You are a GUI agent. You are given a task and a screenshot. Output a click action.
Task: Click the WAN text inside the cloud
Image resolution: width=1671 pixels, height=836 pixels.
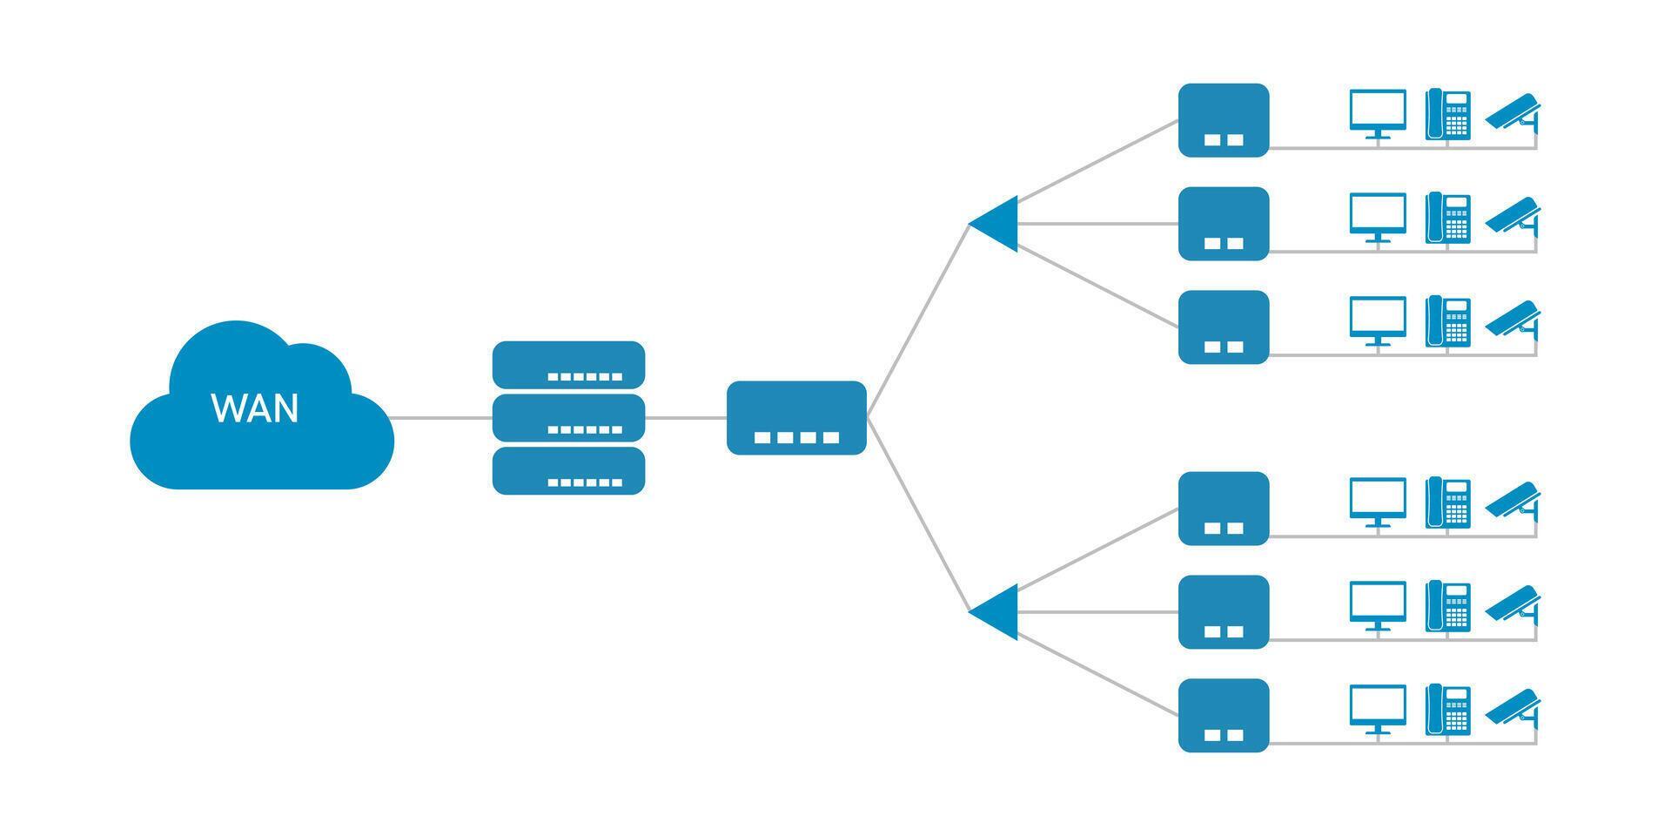click(x=255, y=408)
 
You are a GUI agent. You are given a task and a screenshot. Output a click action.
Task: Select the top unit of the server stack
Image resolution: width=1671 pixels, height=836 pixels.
click(x=568, y=364)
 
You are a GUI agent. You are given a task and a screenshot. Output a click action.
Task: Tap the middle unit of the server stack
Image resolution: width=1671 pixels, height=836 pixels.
click(x=568, y=417)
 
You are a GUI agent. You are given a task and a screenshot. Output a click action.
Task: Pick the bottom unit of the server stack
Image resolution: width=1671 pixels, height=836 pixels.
click(x=568, y=470)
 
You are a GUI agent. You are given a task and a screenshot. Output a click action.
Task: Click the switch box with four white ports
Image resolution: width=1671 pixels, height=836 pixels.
click(x=796, y=417)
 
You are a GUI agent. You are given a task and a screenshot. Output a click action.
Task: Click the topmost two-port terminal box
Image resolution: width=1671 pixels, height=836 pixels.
click(x=1223, y=120)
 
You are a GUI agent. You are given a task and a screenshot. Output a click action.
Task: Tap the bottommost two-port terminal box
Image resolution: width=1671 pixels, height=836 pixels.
click(x=1223, y=715)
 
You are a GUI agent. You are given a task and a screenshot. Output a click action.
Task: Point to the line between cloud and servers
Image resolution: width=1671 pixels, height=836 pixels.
click(x=442, y=418)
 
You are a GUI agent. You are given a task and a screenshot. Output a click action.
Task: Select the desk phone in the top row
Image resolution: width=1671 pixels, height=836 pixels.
click(x=1448, y=114)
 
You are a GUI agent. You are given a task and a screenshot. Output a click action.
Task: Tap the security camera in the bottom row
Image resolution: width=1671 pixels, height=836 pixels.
click(x=1513, y=707)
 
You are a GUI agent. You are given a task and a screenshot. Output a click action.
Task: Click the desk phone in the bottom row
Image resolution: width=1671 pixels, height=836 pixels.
click(x=1448, y=709)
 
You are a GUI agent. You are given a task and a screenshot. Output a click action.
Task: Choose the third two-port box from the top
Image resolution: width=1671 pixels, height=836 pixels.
click(x=1223, y=327)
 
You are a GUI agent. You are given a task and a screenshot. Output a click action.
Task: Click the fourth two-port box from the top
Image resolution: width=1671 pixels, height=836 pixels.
click(x=1223, y=509)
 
